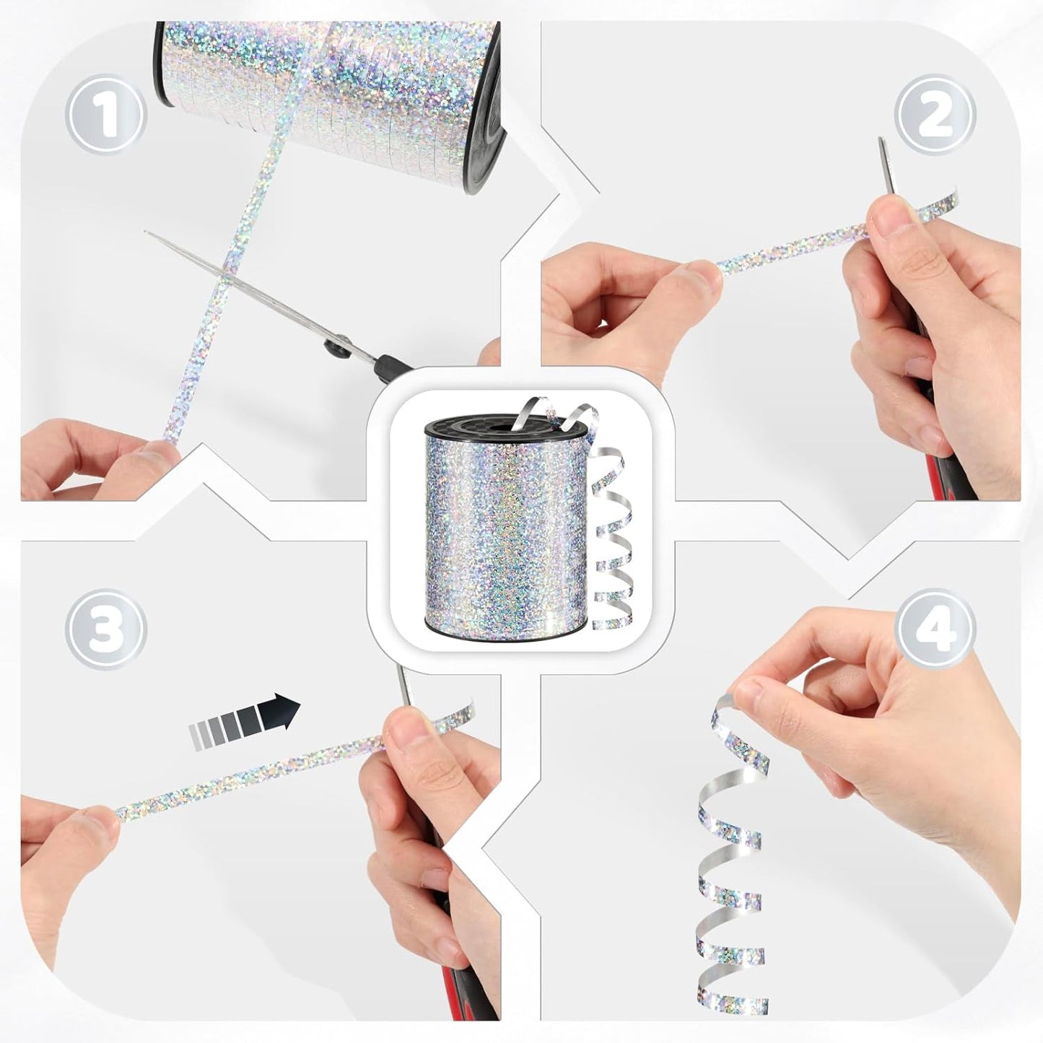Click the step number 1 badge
click(x=106, y=114)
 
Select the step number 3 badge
click(x=106, y=629)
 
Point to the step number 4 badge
click(x=935, y=629)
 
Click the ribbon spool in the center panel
click(x=505, y=525)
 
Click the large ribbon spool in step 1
click(x=330, y=97)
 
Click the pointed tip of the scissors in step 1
click(x=146, y=232)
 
